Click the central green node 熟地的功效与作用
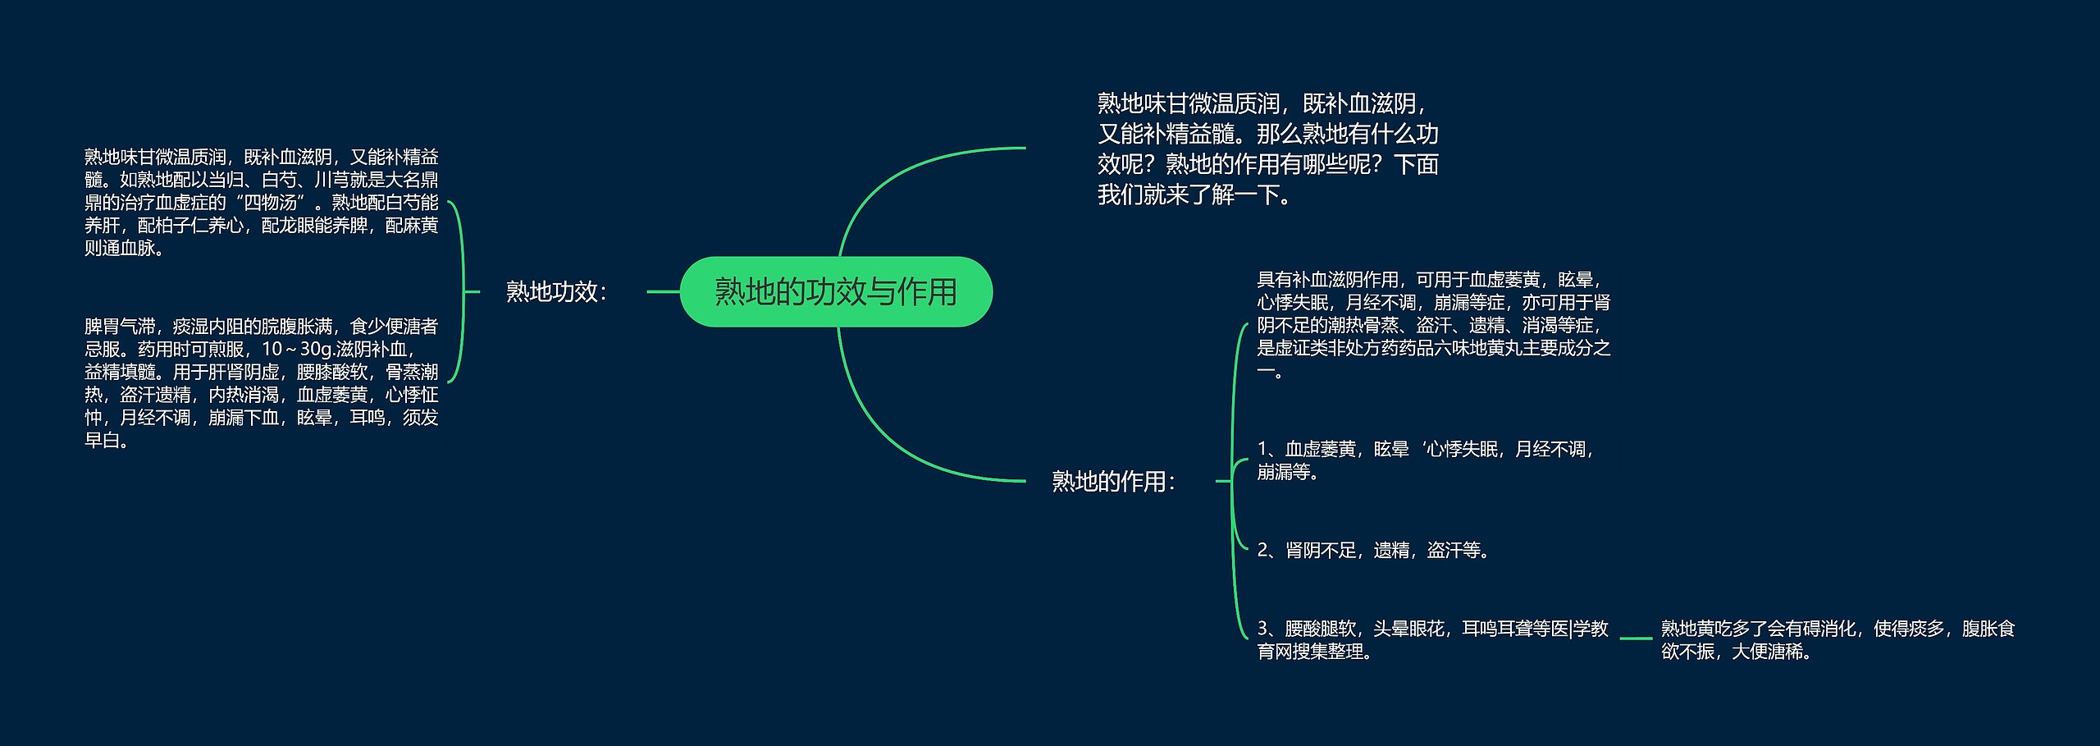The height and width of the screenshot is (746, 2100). point(836,291)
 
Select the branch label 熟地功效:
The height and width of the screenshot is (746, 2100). point(556,291)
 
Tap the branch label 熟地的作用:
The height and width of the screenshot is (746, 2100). point(1113,481)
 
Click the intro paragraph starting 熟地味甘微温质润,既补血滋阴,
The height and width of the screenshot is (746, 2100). point(1267,149)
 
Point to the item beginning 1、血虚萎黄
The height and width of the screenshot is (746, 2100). point(1426,460)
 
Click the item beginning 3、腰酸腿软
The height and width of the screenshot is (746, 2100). point(1432,640)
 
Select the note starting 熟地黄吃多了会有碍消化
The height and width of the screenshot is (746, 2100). point(1837,640)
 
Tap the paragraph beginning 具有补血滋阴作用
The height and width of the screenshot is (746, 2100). point(1434,326)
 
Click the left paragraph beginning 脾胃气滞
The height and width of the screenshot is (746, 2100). point(261,383)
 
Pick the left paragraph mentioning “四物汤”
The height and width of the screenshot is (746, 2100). point(261,202)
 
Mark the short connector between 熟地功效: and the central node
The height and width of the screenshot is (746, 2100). point(663,291)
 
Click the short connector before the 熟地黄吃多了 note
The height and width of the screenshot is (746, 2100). point(1636,638)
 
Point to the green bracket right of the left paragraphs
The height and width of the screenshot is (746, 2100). point(461,291)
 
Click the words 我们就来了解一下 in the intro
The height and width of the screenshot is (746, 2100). point(1189,195)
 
